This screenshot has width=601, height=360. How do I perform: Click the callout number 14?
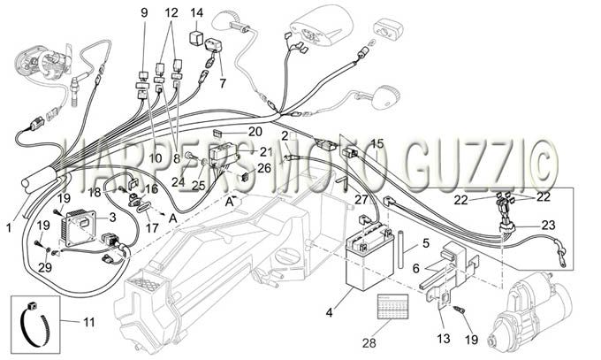tap(196, 12)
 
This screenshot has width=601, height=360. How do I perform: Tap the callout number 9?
tap(144, 12)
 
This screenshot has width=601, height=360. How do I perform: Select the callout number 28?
tap(369, 342)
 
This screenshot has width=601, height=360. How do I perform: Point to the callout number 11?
tap(89, 322)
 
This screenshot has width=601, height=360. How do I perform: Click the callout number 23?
tap(549, 225)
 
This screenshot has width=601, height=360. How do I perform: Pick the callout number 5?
tap(426, 243)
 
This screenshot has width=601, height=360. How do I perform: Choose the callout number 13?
tap(443, 339)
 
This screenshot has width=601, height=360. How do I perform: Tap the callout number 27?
tap(361, 200)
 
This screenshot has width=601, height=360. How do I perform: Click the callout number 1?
tap(9, 228)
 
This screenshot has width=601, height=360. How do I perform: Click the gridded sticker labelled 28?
tap(392, 306)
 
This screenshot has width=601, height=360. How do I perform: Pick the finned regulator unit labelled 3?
tap(78, 226)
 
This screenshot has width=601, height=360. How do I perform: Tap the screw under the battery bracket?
tap(459, 310)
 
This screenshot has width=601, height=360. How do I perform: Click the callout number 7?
tap(223, 83)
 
